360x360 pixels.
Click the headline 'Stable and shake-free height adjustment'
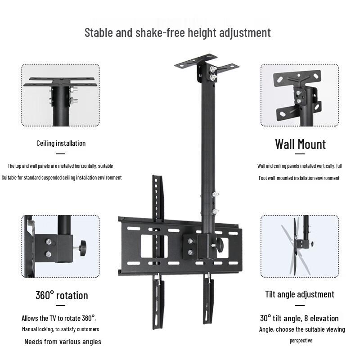(178, 33)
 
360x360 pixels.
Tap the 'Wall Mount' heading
(300, 144)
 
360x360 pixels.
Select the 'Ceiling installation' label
(61, 143)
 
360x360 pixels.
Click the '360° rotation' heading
(62, 296)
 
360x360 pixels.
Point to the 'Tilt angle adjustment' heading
(299, 294)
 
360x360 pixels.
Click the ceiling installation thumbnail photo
(61, 95)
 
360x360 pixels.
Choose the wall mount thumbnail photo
(300, 95)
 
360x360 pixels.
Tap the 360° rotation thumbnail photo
(61, 246)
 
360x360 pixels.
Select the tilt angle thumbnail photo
(300, 246)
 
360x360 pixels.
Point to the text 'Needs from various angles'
(63, 342)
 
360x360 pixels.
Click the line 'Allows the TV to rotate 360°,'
(58, 318)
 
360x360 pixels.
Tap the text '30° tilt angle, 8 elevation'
(299, 318)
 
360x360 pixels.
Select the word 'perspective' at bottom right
(301, 341)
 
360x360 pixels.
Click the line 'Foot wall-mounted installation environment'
(299, 178)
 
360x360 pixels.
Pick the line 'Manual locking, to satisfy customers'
(60, 329)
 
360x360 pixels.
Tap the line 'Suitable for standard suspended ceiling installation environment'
(62, 177)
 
